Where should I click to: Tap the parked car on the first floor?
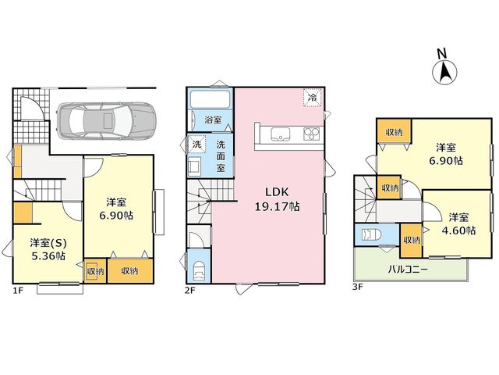tap(106, 120)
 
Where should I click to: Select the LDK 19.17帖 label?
tap(277, 199)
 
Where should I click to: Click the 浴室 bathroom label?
tap(213, 120)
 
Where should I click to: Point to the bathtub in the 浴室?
tap(210, 99)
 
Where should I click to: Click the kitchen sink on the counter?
tap(281, 134)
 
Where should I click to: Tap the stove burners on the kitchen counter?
tap(311, 134)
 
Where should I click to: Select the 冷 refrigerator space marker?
tap(313, 97)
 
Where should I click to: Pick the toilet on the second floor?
tap(200, 270)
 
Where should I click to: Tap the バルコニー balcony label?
tap(408, 270)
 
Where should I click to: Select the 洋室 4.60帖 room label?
tap(458, 224)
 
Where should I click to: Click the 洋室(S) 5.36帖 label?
tap(48, 249)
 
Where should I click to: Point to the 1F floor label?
tap(17, 290)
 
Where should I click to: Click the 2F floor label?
tap(190, 290)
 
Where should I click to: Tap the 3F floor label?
tap(357, 287)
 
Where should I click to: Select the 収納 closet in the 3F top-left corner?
tap(394, 131)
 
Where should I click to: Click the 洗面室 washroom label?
tap(221, 156)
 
